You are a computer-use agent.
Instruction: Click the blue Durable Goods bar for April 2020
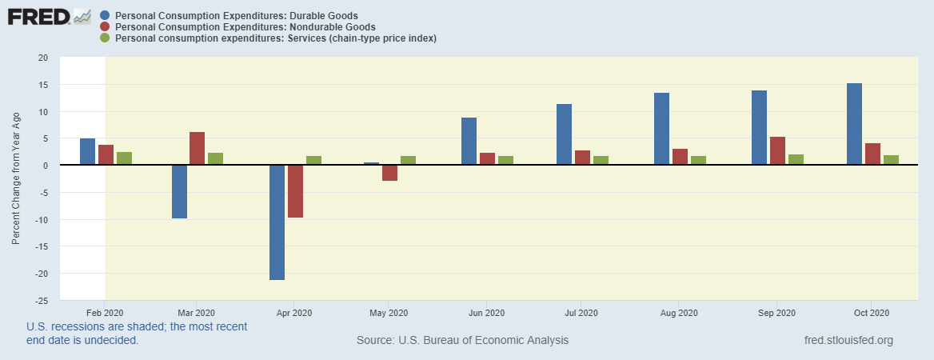pyautogui.click(x=277, y=222)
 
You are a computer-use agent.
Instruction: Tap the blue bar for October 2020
pyautogui.click(x=854, y=124)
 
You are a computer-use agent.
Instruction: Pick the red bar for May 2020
pyautogui.click(x=389, y=173)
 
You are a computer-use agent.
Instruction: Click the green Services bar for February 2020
pyautogui.click(x=124, y=158)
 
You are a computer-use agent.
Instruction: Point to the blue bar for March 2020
pyautogui.click(x=179, y=192)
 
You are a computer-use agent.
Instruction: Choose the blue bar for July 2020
pyautogui.click(x=565, y=134)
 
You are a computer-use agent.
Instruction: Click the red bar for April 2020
pyautogui.click(x=295, y=191)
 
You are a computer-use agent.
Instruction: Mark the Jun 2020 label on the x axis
pyautogui.click(x=486, y=313)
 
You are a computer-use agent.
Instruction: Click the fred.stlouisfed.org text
pyautogui.click(x=848, y=341)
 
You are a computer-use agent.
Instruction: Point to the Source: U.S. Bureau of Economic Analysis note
pyautogui.click(x=462, y=341)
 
